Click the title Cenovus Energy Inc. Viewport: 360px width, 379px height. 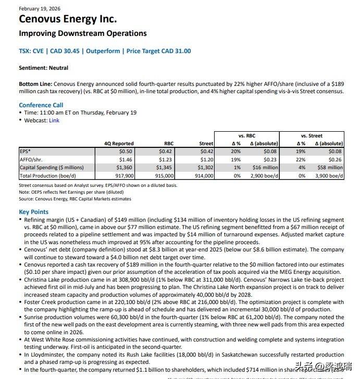(x=68, y=19)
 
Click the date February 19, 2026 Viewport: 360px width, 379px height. (x=39, y=8)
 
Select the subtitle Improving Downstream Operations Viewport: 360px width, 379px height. (x=82, y=33)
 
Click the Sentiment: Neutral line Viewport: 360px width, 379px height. (x=43, y=68)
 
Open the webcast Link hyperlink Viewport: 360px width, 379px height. (x=54, y=120)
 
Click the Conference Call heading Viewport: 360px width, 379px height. (x=41, y=105)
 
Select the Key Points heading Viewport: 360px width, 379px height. (x=33, y=212)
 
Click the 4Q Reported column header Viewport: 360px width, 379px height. (x=119, y=143)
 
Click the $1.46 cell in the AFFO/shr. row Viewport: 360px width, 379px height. (x=126, y=159)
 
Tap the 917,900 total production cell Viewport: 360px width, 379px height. (x=124, y=176)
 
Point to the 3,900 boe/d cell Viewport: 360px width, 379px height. (x=329, y=176)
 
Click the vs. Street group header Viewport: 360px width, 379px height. (x=312, y=135)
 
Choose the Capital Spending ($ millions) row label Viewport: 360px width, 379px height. (x=52, y=168)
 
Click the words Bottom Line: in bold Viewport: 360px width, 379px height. (x=35, y=83)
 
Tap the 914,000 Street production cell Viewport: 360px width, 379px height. (x=204, y=176)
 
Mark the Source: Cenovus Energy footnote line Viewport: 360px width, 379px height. (x=75, y=199)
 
